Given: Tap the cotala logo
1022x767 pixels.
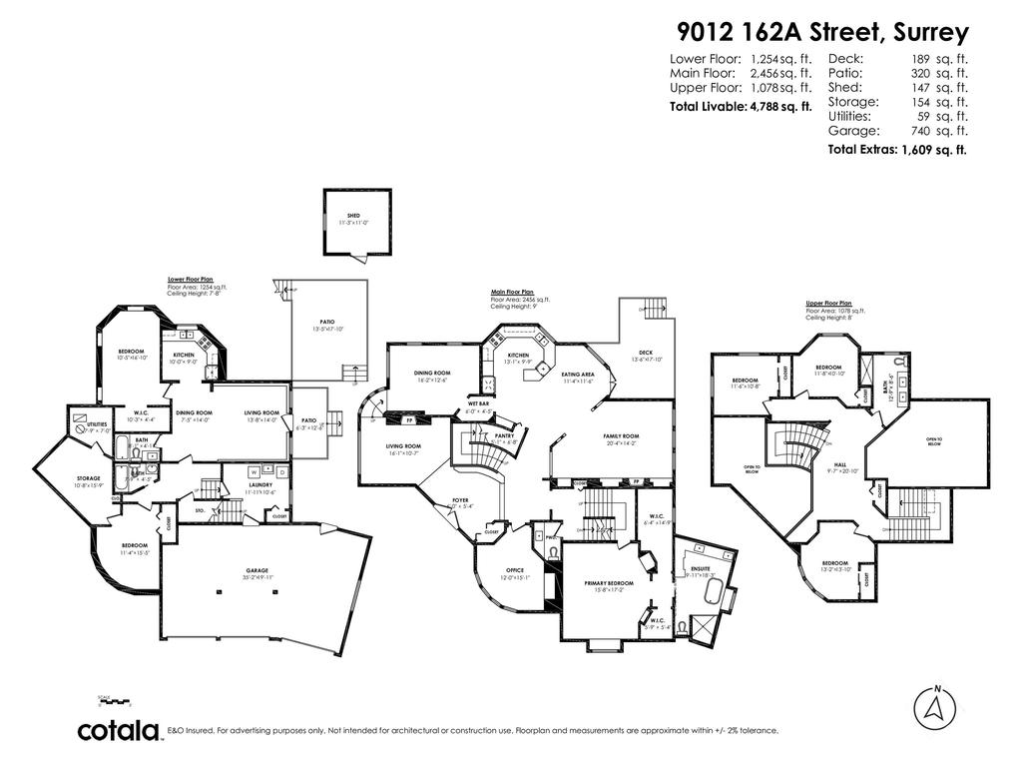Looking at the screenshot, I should (x=120, y=731).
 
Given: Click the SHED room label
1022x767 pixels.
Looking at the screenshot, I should (x=353, y=216).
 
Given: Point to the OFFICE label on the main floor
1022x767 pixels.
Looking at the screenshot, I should (x=515, y=570).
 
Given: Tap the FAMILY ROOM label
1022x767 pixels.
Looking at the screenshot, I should (x=621, y=436).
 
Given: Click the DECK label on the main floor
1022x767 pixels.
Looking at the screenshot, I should (x=645, y=352).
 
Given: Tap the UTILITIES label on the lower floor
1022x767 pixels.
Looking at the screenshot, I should (x=97, y=423).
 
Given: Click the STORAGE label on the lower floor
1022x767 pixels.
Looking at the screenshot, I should (x=88, y=478).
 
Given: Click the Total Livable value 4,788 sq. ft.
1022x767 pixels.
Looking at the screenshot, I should (x=779, y=105).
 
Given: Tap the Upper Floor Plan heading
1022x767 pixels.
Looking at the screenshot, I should (x=828, y=302).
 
